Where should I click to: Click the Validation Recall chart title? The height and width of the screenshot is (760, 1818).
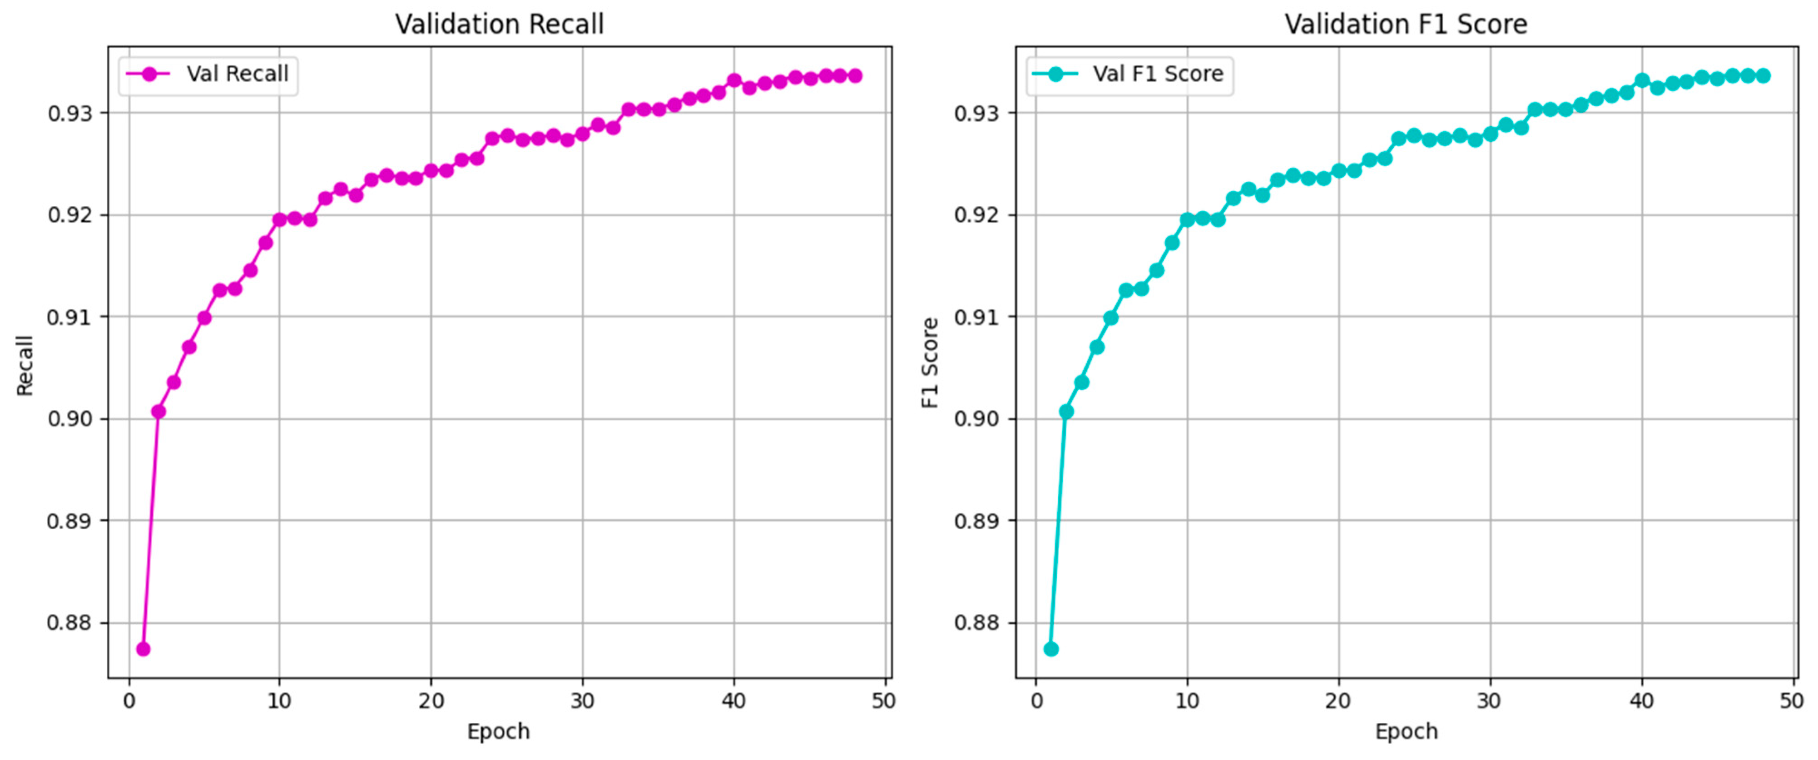(x=499, y=24)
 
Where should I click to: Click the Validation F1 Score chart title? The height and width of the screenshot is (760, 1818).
(x=1405, y=24)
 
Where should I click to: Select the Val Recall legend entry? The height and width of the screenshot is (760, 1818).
(x=237, y=74)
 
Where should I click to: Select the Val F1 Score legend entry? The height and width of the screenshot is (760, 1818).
(x=1157, y=74)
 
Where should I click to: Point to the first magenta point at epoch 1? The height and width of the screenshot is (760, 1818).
(x=143, y=649)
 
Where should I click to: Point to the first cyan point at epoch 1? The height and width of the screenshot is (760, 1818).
(x=1051, y=649)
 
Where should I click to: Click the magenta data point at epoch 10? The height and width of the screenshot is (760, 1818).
(x=279, y=219)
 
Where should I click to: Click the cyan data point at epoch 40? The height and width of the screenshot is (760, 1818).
(x=1642, y=80)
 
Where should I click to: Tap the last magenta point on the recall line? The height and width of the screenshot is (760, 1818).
(x=855, y=75)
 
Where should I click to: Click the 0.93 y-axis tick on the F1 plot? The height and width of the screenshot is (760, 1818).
(x=977, y=113)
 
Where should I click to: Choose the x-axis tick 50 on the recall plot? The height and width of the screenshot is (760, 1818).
(x=884, y=701)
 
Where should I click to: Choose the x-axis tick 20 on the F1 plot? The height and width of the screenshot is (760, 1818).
(x=1338, y=701)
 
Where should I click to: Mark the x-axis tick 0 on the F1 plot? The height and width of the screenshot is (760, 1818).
(x=1036, y=701)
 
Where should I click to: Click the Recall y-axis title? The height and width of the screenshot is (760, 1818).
(x=25, y=366)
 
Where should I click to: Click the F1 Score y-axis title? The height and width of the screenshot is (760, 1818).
(x=931, y=363)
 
